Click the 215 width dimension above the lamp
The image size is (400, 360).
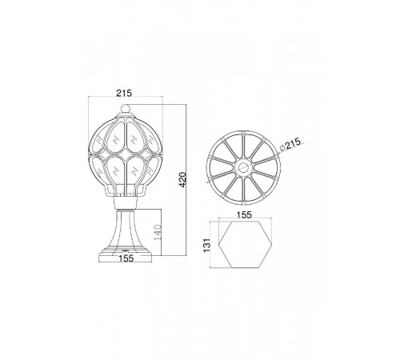[124, 93]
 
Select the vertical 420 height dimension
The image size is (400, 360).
[182, 179]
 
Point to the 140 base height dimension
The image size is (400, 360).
[158, 232]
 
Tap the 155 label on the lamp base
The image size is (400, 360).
[126, 258]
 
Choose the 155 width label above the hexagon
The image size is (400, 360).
[244, 215]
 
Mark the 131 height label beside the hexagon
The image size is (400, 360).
[207, 245]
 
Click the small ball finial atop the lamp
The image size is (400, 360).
[125, 109]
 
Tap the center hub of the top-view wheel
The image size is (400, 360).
[243, 168]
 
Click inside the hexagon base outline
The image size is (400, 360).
[245, 244]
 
